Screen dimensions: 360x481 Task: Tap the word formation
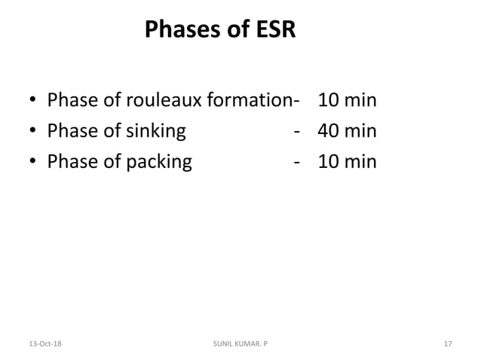(x=252, y=100)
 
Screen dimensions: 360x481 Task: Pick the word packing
(x=158, y=161)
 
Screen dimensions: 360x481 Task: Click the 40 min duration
(x=347, y=131)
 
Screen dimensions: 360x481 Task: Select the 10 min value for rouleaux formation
(x=347, y=100)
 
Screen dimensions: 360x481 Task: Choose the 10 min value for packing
(x=347, y=161)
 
